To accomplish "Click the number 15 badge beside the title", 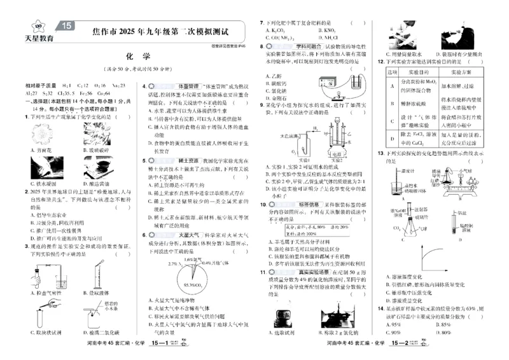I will click(x=68, y=27).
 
